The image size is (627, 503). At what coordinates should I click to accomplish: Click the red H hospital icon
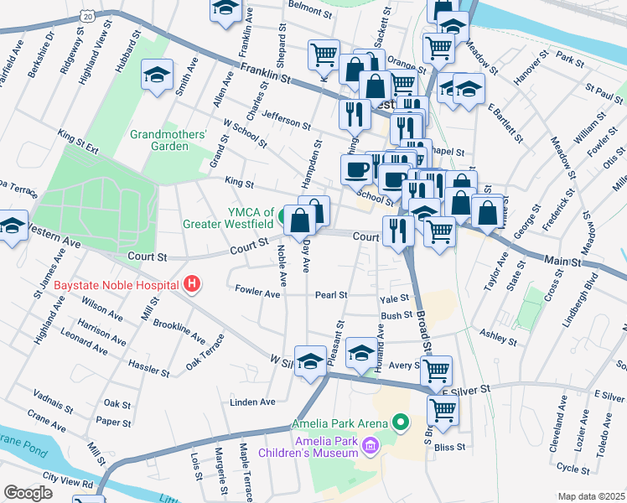[192, 285]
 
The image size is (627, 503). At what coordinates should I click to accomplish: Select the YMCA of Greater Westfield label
[229, 217]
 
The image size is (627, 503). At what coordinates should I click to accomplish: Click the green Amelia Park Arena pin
[401, 423]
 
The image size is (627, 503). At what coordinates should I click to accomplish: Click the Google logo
[27, 492]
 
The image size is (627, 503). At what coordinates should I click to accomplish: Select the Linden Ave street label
[253, 402]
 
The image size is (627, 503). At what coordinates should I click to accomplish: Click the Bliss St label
[449, 448]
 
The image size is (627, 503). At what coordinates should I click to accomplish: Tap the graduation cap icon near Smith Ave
[157, 75]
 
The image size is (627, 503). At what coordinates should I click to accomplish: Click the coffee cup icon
[356, 169]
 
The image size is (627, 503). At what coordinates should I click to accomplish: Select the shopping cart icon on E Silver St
[442, 411]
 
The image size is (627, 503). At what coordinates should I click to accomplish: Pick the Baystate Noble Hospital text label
[117, 285]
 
